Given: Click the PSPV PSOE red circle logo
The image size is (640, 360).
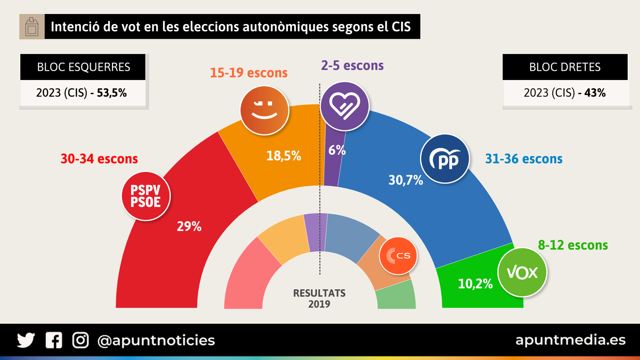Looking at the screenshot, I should tap(146, 196).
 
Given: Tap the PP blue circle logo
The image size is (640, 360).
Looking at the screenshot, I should tap(445, 159).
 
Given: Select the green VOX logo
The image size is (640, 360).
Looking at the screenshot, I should tap(522, 272).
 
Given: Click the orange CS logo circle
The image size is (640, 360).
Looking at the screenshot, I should tap(398, 256).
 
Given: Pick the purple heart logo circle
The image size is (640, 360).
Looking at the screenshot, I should tap(344, 106).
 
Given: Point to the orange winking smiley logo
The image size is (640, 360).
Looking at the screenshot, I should tap(264, 110).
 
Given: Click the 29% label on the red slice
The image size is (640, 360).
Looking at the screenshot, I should tap(189, 226).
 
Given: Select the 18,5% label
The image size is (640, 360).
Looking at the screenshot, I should tap(284, 156).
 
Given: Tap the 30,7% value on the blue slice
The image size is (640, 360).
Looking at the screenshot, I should tap(406, 180).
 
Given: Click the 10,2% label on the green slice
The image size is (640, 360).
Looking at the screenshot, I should tap(475, 284).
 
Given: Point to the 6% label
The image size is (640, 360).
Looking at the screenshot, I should tap(337, 150).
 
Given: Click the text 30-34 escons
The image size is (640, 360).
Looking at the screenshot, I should tap(99, 159).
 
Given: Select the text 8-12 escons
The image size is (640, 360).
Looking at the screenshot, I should tap(573, 245).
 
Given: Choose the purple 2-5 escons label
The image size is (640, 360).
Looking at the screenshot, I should tap(352, 66).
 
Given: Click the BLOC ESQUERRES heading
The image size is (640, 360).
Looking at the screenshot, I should tap(83, 67).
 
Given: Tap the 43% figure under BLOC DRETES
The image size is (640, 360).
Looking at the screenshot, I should tap(595, 93).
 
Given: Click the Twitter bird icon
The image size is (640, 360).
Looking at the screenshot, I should tap(26, 340).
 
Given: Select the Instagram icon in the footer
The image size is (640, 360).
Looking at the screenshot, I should tap(80, 340).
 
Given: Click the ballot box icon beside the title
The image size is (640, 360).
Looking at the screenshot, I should tap(32, 27).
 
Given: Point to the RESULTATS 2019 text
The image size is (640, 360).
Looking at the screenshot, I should tap(319, 298).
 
